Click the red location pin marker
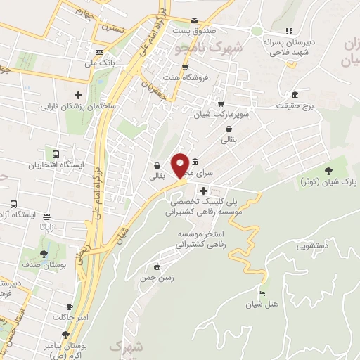coord(181,165)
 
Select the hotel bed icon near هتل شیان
coord(262,293)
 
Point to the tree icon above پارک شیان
coord(328,170)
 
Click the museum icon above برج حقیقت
coord(294,95)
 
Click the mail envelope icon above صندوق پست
coord(195,20)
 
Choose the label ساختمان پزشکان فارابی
coord(78,107)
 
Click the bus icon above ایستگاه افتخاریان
coord(54,154)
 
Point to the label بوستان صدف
coord(44,267)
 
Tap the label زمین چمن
coord(157,278)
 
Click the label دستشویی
coord(314,246)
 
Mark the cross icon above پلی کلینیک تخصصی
coord(203,191)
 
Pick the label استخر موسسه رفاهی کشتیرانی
coord(209,238)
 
